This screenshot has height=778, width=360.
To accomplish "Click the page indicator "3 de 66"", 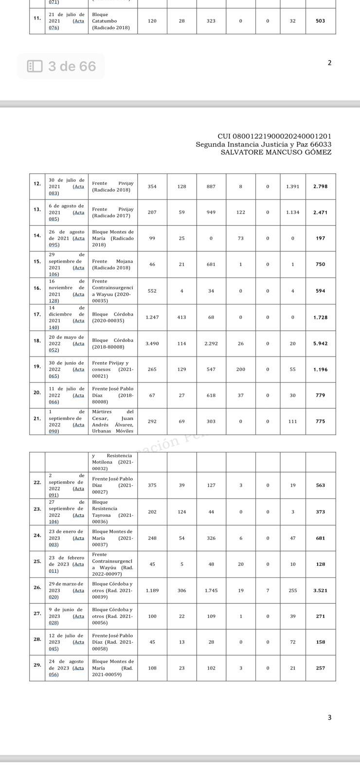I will pyautogui.click(x=72, y=66).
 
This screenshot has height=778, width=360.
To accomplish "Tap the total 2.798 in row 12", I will pyautogui.click(x=320, y=187).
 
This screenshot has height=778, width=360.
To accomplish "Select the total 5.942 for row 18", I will pyautogui.click(x=320, y=344).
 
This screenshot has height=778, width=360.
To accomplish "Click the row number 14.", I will pyautogui.click(x=37, y=235).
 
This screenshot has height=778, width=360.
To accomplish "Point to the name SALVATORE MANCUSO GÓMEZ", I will pyautogui.click(x=276, y=152).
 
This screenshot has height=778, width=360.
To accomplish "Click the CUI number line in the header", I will pyautogui.click(x=274, y=137).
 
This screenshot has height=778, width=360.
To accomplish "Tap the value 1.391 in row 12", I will pyautogui.click(x=292, y=187).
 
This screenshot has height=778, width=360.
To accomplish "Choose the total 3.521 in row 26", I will pyautogui.click(x=320, y=590).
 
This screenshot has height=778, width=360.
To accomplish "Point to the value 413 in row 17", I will pyautogui.click(x=181, y=318).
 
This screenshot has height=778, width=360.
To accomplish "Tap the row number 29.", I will pyautogui.click(x=37, y=665).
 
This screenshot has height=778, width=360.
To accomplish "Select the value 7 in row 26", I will pyautogui.click(x=267, y=590).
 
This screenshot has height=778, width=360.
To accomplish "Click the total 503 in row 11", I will pyautogui.click(x=320, y=21).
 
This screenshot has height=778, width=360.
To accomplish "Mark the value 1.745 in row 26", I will pyautogui.click(x=211, y=590).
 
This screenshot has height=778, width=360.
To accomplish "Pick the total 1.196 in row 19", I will pyautogui.click(x=320, y=370).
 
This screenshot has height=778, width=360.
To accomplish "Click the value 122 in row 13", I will pyautogui.click(x=240, y=212).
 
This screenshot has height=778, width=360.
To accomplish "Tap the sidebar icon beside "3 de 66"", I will pyautogui.click(x=35, y=66).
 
